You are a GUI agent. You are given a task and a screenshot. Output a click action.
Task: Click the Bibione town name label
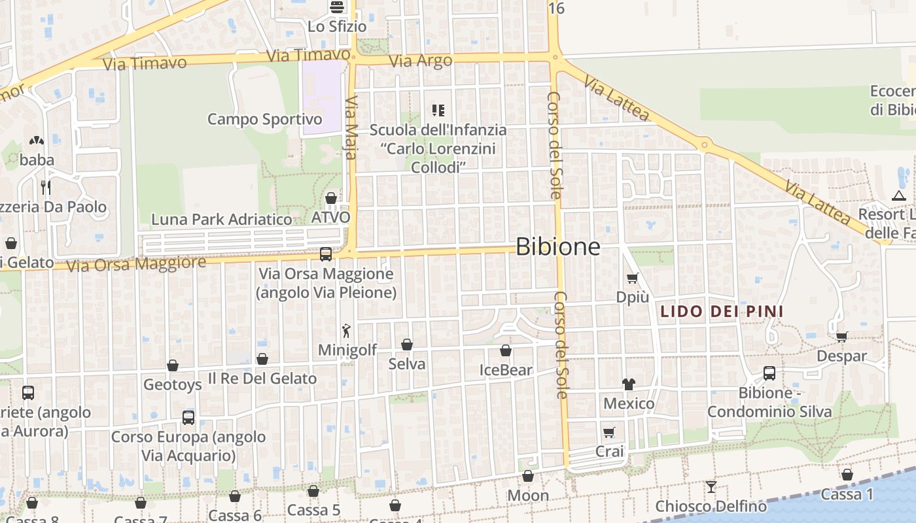pyautogui.click(x=557, y=246)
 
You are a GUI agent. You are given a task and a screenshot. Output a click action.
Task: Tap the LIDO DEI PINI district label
pyautogui.click(x=722, y=311)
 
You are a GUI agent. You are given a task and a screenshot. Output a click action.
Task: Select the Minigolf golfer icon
pyautogui.click(x=347, y=331)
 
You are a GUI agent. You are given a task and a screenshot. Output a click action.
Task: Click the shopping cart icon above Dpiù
pyautogui.click(x=632, y=278)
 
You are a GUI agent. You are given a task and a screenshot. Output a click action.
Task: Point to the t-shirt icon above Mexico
pyautogui.click(x=629, y=384)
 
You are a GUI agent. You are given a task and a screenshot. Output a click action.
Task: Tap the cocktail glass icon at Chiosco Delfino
pyautogui.click(x=711, y=486)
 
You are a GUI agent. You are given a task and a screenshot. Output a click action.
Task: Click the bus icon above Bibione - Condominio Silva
pyautogui.click(x=769, y=373)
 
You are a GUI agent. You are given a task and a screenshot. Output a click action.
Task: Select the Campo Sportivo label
pyautogui.click(x=265, y=119)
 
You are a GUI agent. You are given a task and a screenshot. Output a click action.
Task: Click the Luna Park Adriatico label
pyautogui.click(x=222, y=220)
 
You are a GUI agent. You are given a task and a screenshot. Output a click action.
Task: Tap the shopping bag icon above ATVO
pyautogui.click(x=331, y=197)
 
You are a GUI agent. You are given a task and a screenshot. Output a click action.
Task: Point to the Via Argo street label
pyautogui.click(x=421, y=61)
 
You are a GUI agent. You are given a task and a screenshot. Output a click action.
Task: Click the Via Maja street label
pyautogui.click(x=351, y=127)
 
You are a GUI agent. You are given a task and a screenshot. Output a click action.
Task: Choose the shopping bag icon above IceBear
pyautogui.click(x=506, y=350)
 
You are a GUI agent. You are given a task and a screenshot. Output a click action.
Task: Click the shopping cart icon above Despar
pyautogui.click(x=841, y=337)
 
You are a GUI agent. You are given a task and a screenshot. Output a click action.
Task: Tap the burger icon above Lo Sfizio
pyautogui.click(x=337, y=7)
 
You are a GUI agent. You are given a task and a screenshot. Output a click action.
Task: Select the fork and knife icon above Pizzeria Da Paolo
pyautogui.click(x=46, y=188)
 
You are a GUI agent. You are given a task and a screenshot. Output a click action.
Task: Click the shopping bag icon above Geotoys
pyautogui.click(x=173, y=365)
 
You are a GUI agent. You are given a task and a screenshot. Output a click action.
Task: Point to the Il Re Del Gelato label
pyautogui.click(x=262, y=379)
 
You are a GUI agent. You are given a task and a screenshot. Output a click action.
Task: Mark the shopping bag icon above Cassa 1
pyautogui.click(x=847, y=475)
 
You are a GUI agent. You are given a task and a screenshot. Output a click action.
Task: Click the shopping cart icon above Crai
pyautogui.click(x=609, y=432)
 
